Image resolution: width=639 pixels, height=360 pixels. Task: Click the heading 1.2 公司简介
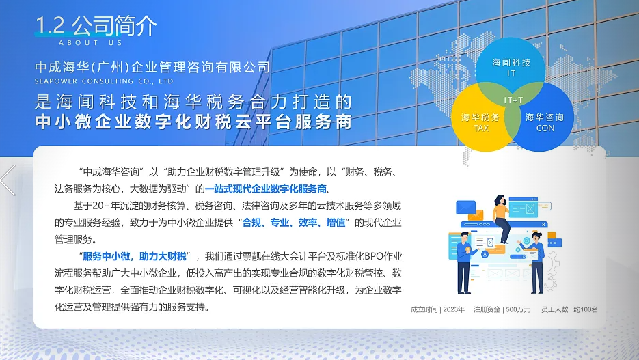96,25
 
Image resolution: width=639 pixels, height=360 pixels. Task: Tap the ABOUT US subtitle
90,43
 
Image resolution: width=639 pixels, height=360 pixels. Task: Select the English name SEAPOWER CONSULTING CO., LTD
104,81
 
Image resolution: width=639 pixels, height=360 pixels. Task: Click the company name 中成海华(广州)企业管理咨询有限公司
152,67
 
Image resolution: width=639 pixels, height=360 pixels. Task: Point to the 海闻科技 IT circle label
511,67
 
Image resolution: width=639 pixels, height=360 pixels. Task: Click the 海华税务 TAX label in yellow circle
480,122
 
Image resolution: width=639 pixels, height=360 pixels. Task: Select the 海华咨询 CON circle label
545,122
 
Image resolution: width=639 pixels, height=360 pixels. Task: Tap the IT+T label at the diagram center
513,100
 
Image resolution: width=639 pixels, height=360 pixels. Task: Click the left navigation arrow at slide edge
8,180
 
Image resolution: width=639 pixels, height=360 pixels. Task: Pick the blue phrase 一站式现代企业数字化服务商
266,189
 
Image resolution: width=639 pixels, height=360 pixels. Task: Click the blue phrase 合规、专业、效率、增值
294,223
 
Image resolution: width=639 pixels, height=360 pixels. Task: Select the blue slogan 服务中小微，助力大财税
135,256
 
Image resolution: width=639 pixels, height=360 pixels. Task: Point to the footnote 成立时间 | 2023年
437,309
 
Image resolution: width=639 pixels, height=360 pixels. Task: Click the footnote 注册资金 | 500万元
502,309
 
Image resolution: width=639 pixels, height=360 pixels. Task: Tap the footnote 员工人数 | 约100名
569,309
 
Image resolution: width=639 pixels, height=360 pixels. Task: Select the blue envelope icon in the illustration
465,207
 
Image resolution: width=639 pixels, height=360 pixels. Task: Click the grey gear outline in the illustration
552,271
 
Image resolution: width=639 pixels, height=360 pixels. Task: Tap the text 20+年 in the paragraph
101,206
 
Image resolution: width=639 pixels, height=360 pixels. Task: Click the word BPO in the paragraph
374,256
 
